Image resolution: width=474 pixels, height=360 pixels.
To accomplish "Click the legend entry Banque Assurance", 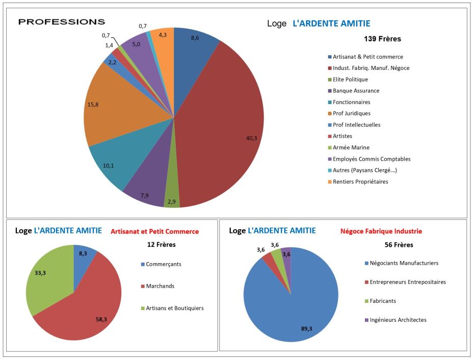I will coord(356,91).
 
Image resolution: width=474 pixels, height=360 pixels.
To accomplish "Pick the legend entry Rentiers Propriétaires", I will coord(360,182).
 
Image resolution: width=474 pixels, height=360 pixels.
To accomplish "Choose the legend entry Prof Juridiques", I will coord(352,113).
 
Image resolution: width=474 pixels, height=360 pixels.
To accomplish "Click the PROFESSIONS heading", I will coord(62,22).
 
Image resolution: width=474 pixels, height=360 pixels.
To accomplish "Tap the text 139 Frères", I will coord(382,39).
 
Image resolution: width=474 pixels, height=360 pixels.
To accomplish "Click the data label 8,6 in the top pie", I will coord(194,39).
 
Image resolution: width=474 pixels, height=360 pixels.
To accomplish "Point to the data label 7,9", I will coord(146,196).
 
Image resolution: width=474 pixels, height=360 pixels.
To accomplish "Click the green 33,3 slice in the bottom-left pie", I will coord(48,278).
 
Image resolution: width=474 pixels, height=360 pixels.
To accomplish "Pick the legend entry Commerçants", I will coord(164,264).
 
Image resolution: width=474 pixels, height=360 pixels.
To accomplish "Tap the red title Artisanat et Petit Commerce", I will coord(155,232).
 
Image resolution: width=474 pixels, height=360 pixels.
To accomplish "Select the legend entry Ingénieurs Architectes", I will coord(398,320).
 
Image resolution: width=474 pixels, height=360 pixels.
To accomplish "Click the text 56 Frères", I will coord(399,245).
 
